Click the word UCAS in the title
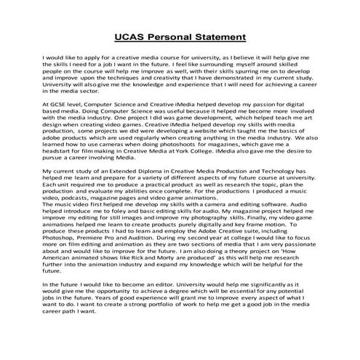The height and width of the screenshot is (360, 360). (x=132, y=38)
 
